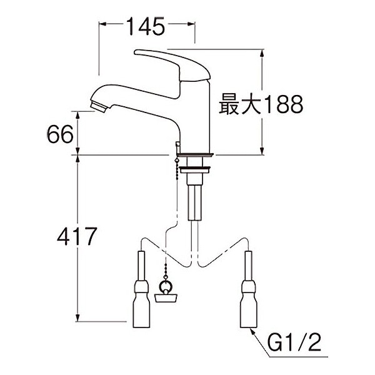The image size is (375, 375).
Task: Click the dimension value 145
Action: point(146,26)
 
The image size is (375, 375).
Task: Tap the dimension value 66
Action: point(60,134)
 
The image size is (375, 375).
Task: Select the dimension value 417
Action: point(77,236)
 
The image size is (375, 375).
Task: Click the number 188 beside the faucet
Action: point(284,104)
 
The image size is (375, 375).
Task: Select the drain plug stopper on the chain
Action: point(166,298)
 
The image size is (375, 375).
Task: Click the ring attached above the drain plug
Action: point(166,287)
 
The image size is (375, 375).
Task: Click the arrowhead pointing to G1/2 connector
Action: point(252,332)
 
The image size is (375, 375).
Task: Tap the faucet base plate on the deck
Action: point(194,155)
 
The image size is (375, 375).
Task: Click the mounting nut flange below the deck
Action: point(195,169)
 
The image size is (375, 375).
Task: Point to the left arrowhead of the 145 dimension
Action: point(102,24)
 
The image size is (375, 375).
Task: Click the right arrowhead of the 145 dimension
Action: point(192,24)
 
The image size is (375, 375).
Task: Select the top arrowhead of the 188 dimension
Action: point(262,53)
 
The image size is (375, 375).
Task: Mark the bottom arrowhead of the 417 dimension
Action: point(77,318)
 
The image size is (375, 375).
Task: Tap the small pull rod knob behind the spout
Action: point(177,145)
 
